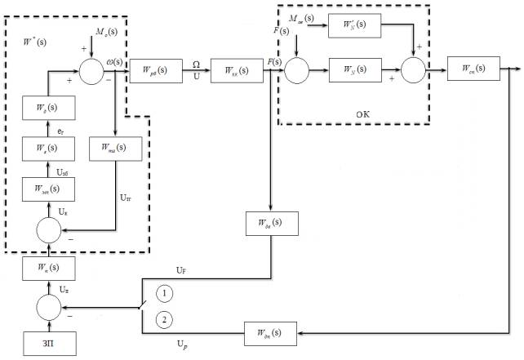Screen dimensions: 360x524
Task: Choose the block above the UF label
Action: point(273,224)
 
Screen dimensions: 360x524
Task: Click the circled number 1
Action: point(164,291)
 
